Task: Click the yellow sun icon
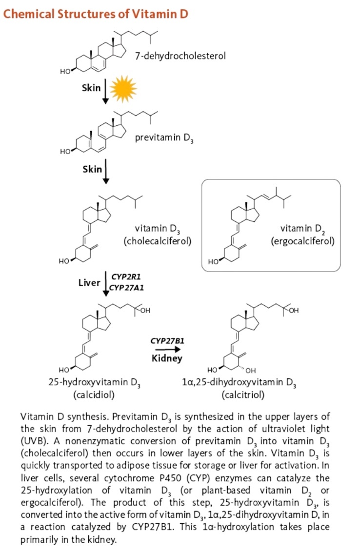(x=123, y=89)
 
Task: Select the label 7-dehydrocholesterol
(x=180, y=56)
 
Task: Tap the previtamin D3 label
(x=164, y=138)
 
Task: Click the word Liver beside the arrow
(x=89, y=283)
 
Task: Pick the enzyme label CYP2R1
(x=126, y=276)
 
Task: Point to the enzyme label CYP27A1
(x=126, y=288)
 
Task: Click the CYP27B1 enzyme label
(x=167, y=341)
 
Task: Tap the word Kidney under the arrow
(x=167, y=358)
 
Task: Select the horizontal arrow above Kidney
(x=168, y=350)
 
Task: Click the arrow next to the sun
(x=105, y=91)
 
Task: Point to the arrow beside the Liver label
(x=105, y=284)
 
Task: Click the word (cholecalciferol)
(x=158, y=241)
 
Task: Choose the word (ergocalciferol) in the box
(x=302, y=241)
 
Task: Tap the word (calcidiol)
(x=94, y=394)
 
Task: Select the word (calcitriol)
(x=243, y=394)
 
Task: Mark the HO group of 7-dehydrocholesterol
(x=65, y=72)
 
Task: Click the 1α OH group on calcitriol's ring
(x=250, y=370)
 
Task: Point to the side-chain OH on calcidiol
(x=145, y=311)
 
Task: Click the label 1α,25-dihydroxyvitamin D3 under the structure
(x=239, y=383)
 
